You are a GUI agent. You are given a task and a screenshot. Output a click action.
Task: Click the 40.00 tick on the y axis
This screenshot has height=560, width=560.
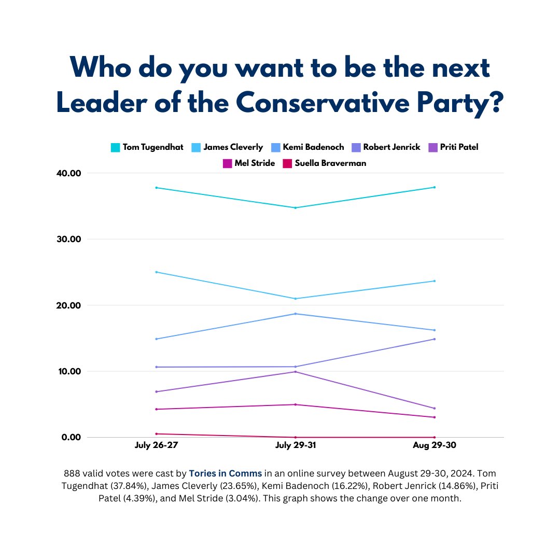coord(69,173)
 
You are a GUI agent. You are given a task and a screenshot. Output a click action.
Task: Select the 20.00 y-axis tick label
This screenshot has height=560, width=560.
coord(69,305)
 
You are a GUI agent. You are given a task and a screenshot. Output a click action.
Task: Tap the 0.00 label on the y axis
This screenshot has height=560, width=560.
coord(72,437)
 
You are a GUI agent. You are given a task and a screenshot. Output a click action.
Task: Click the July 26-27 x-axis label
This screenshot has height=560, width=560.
coord(156,446)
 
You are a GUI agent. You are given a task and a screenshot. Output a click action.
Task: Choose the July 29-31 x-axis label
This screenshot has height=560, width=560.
coord(295,446)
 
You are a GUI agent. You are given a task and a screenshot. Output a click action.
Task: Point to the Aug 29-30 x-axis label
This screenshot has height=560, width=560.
coord(434,446)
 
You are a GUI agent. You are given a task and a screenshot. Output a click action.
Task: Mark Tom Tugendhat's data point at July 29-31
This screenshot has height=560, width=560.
coord(296,208)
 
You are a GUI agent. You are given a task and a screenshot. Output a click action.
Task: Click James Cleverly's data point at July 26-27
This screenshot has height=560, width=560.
coord(157,272)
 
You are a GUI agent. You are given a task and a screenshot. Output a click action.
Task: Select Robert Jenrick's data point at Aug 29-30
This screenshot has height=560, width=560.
coord(434,339)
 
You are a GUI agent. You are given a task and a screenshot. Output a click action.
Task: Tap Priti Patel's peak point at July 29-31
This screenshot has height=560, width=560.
coord(296,372)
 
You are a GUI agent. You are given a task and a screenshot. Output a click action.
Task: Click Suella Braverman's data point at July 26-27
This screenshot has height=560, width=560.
coord(157,433)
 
